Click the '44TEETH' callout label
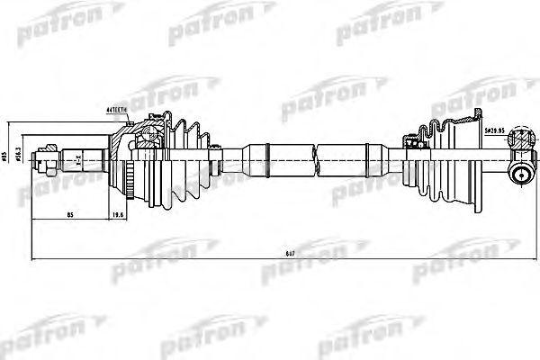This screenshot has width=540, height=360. tap(118, 111)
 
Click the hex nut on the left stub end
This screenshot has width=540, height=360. tap(42, 163)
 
